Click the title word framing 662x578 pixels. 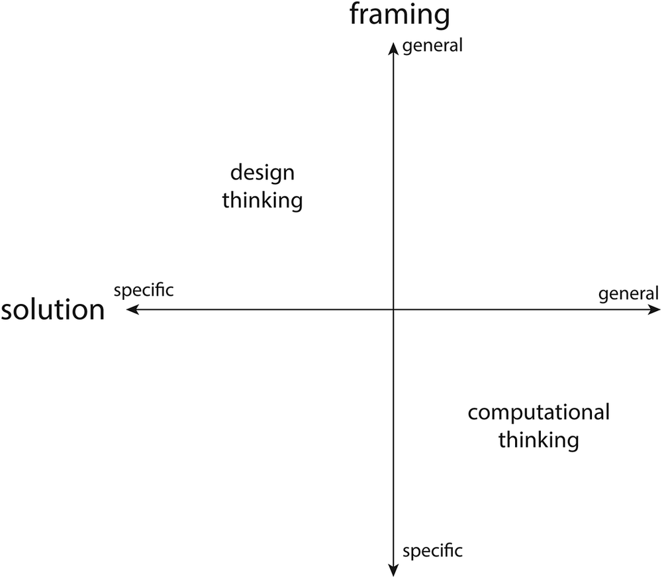(x=400, y=15)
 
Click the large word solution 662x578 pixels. (x=53, y=310)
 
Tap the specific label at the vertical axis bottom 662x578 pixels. (x=432, y=550)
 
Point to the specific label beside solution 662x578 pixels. (x=144, y=290)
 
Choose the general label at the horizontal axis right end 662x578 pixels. (x=629, y=293)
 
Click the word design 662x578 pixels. (x=262, y=173)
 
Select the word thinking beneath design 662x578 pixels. (x=262, y=200)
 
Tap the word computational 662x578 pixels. (x=538, y=412)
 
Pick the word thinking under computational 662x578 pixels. (x=538, y=439)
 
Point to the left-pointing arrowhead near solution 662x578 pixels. (x=131, y=309)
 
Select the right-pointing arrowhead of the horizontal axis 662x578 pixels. (x=655, y=309)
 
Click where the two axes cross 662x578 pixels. (x=393, y=309)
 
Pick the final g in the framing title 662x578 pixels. (x=442, y=17)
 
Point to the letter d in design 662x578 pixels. (x=236, y=173)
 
